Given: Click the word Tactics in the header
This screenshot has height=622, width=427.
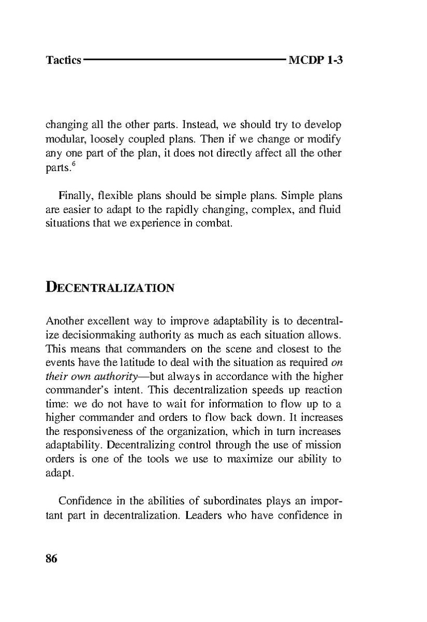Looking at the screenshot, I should pyautogui.click(x=63, y=60).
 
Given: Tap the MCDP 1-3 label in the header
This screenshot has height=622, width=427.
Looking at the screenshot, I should pyautogui.click(x=316, y=60).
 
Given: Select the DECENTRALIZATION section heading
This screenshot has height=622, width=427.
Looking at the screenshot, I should pyautogui.click(x=109, y=287).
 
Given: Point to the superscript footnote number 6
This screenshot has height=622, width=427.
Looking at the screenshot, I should pyautogui.click(x=74, y=166).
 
